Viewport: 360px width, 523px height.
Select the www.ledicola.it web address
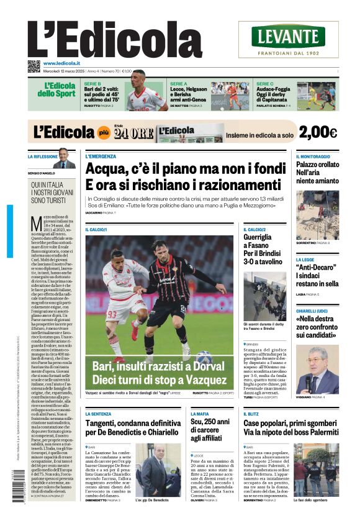(66, 63)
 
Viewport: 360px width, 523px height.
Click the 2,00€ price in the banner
(317, 132)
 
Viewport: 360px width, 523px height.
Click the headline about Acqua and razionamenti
(183, 176)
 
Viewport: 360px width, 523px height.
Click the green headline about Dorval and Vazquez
(162, 371)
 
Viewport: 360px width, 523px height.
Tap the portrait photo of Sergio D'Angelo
(63, 158)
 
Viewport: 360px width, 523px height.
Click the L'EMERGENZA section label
(101, 156)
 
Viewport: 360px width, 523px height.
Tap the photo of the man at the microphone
(317, 369)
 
